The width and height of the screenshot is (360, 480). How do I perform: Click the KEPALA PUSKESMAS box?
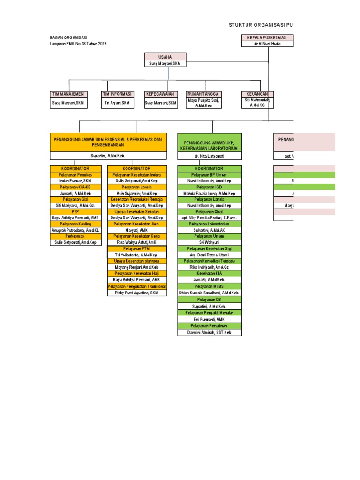[267, 37]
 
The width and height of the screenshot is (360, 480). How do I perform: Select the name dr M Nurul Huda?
[267, 44]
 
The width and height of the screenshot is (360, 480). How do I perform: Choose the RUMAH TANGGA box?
[203, 94]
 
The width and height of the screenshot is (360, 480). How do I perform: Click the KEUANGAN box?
[254, 94]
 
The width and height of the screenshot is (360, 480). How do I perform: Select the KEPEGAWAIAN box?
[160, 94]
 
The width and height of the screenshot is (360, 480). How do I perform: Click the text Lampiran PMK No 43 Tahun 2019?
[78, 44]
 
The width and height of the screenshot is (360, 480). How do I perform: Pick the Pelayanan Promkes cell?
[75, 174]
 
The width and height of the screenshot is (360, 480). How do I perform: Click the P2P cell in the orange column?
[75, 211]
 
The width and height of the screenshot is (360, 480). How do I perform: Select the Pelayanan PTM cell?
[136, 248]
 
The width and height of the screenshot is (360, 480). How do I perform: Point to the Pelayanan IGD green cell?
[209, 187]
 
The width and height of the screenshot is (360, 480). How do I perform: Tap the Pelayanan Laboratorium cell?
[209, 224]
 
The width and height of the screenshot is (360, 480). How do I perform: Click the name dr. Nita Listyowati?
[209, 156]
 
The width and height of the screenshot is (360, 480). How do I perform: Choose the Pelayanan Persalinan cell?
[209, 325]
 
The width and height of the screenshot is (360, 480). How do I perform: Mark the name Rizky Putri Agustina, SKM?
[136, 292]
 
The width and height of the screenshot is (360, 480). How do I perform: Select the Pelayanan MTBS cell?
[209, 285]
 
